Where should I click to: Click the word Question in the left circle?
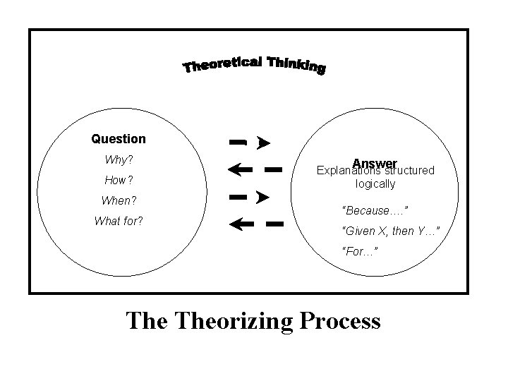pyautogui.click(x=119, y=139)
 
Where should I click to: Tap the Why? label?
pyautogui.click(x=119, y=159)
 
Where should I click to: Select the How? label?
pyautogui.click(x=119, y=180)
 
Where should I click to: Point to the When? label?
pyautogui.click(x=119, y=200)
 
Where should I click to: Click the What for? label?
pyautogui.click(x=119, y=221)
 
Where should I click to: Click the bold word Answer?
pyautogui.click(x=376, y=162)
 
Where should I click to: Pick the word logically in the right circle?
pyautogui.click(x=375, y=183)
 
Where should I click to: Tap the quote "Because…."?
pyautogui.click(x=375, y=210)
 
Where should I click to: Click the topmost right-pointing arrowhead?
pyautogui.click(x=263, y=143)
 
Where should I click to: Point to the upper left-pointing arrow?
pyautogui.click(x=239, y=169)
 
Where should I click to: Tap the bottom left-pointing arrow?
pyautogui.click(x=239, y=224)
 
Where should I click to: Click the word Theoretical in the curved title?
pyautogui.click(x=225, y=65)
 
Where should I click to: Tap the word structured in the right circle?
pyautogui.click(x=409, y=171)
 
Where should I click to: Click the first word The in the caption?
pyautogui.click(x=145, y=321)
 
